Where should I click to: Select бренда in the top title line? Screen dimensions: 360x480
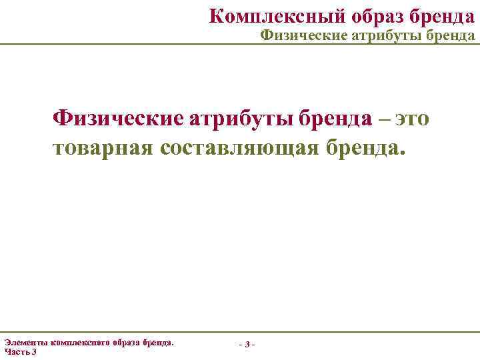437,15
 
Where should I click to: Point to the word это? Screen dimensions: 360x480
413,119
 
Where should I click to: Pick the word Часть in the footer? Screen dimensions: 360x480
16,351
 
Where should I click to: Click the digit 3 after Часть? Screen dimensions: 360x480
34,351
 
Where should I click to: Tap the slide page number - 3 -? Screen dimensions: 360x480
246,345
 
